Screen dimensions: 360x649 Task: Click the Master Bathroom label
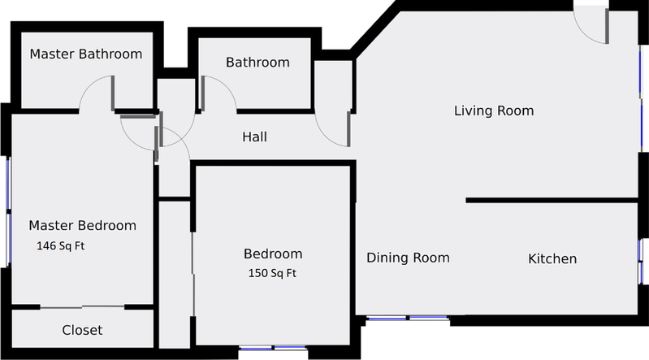tap(85, 54)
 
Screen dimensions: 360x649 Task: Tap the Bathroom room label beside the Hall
tap(257, 63)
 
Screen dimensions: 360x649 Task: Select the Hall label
tap(254, 137)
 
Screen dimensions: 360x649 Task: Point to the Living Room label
tap(493, 111)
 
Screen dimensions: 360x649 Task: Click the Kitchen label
tap(552, 259)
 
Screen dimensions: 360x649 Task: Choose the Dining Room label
tap(408, 258)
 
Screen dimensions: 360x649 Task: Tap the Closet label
tap(82, 330)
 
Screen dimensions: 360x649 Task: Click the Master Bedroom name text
tap(82, 225)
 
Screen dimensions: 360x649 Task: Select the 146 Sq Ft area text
tap(61, 245)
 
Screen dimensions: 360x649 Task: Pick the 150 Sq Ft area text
tap(272, 274)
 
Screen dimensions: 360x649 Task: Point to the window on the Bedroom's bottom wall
tap(273, 349)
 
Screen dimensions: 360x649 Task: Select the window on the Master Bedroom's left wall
tap(8, 211)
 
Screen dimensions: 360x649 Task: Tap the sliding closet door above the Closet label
tap(82, 307)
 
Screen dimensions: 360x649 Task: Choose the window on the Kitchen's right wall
tap(640, 260)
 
